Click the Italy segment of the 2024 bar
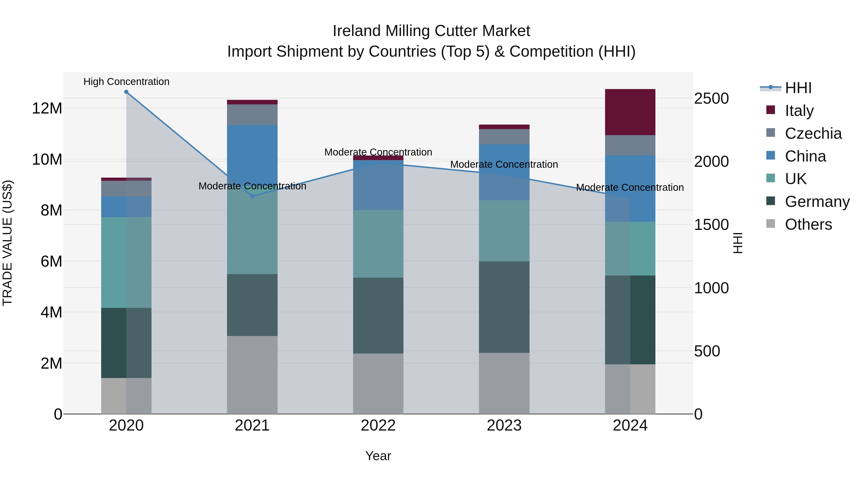coord(630,112)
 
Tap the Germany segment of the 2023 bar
coord(504,307)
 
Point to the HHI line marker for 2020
coord(126,92)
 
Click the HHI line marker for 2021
coord(252,196)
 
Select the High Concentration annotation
coord(126,82)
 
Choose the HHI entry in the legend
coord(798,88)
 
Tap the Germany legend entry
coord(817,202)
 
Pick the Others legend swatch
coord(770,224)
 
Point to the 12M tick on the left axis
coord(47,108)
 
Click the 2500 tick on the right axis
coord(711,99)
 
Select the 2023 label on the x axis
coord(504,426)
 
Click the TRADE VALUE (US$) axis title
coord(7,243)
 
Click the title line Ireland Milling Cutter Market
coord(431,31)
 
